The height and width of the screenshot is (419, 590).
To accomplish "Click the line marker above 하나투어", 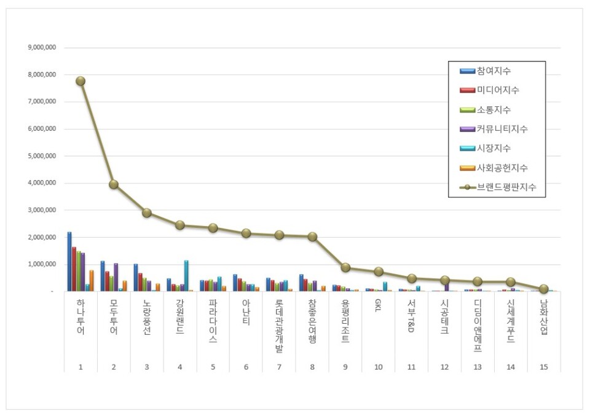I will (81, 81).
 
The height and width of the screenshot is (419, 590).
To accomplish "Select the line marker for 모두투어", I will (114, 184).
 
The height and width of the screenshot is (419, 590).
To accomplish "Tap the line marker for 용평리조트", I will (345, 267).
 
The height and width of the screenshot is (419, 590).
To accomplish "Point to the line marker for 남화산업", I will (544, 289).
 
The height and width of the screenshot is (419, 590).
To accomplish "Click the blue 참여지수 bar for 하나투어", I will (69, 262).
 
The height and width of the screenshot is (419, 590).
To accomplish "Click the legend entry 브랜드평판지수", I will (502, 187).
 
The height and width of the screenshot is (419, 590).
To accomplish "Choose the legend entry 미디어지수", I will (497, 90).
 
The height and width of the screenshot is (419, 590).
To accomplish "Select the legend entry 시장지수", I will (493, 148).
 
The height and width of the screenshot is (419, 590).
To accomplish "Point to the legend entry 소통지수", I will (493, 110).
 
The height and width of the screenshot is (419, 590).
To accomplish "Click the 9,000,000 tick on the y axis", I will (41, 48).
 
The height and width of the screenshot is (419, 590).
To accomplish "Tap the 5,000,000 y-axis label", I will (41, 156).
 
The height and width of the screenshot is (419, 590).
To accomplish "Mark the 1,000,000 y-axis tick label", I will (41, 264).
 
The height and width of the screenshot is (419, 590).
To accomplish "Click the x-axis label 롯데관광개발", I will (279, 326).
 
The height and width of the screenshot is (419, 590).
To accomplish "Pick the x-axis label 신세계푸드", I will (511, 321).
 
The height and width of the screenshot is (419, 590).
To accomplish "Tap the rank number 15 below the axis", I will (544, 367).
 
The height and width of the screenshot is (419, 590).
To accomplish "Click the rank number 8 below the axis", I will (312, 367).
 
